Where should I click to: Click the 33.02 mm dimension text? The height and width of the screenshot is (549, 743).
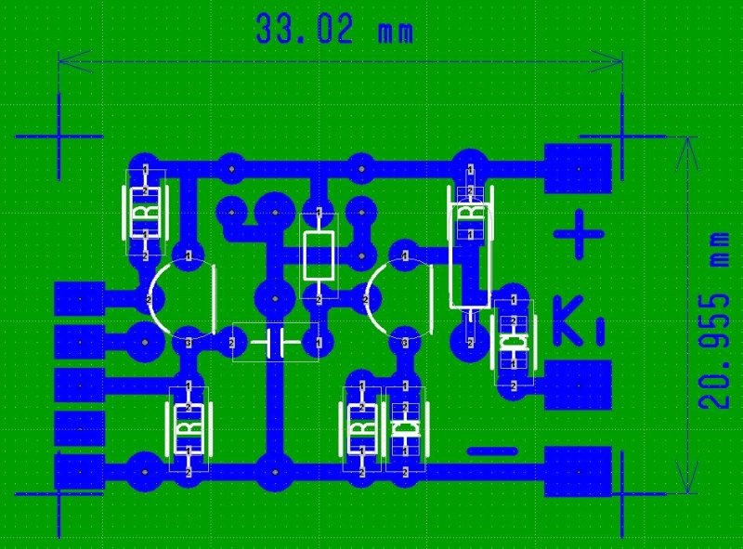tap(334, 30)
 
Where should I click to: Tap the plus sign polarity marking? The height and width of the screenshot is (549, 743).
tap(578, 234)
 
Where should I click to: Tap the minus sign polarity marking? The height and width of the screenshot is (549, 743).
tap(491, 451)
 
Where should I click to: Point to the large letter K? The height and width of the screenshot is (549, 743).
tap(568, 320)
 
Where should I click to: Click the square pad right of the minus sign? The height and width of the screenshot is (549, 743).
tap(578, 471)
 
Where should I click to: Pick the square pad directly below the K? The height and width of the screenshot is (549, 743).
tap(578, 385)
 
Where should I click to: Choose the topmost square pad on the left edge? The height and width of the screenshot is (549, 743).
tap(79, 299)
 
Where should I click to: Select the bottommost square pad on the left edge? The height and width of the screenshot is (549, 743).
tap(79, 470)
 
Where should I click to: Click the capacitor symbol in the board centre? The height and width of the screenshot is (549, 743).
tap(275, 343)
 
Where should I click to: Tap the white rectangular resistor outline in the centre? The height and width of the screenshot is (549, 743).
tap(319, 256)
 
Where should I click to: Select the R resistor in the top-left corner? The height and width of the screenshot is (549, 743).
tap(146, 213)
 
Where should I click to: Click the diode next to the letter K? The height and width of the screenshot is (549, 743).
tap(513, 343)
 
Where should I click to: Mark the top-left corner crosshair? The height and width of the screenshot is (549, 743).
tap(59, 136)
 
